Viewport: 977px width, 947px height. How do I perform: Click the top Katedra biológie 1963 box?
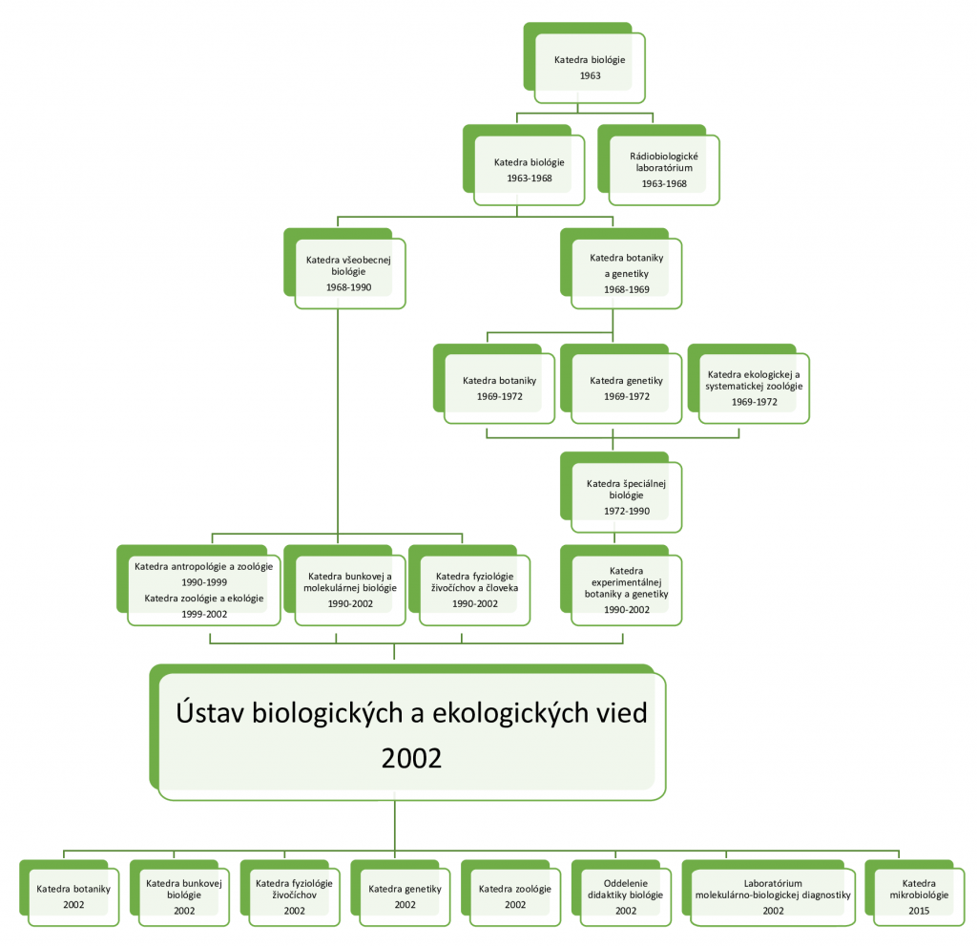[x=585, y=63]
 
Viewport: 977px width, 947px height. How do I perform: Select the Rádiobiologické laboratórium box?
[x=658, y=165]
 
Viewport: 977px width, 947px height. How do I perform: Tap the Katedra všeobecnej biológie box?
[x=344, y=268]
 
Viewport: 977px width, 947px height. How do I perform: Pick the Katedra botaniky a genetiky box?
[x=621, y=268]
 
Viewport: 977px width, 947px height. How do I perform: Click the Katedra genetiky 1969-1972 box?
[x=621, y=384]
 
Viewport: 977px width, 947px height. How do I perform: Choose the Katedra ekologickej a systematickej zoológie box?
[x=749, y=384]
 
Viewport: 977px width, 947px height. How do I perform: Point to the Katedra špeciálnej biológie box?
[x=621, y=493]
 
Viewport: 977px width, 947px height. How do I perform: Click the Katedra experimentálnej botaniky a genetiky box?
[x=621, y=585]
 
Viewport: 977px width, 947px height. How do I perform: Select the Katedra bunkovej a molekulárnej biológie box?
[x=344, y=585]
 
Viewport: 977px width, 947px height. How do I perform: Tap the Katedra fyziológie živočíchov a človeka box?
[x=469, y=585]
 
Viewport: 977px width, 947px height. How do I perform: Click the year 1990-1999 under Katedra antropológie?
[x=204, y=582]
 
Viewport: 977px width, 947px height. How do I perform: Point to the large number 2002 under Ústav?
[x=411, y=758]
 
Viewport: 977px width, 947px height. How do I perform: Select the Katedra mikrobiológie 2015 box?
[x=915, y=894]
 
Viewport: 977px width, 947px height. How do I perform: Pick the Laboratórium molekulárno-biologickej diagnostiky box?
[x=769, y=894]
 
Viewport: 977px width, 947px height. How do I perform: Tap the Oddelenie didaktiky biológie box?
[x=621, y=894]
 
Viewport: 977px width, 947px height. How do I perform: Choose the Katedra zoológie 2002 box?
[x=511, y=894]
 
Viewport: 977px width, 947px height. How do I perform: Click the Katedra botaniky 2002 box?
[x=69, y=894]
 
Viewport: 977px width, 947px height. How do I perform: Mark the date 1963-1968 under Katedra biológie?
[x=530, y=179]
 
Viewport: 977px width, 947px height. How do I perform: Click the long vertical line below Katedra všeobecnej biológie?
[x=338, y=421]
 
